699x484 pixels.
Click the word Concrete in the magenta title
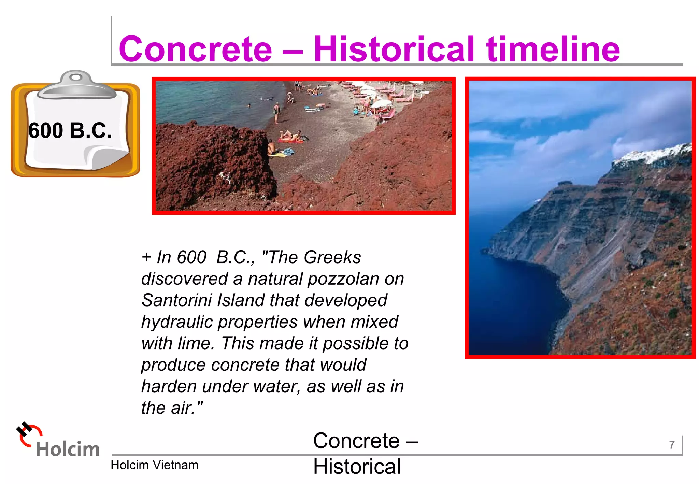coord(195,49)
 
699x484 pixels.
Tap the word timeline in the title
coord(553,49)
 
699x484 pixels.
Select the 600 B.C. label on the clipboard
coord(70,131)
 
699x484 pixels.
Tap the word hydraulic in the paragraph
coord(177,322)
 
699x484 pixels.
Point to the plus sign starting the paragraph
coord(146,257)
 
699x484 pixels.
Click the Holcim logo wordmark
coord(68,449)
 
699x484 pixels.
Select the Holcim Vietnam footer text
coord(154,465)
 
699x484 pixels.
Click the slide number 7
coord(672,445)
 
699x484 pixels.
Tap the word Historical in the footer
coord(357,467)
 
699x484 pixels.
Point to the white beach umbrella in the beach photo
coord(382,103)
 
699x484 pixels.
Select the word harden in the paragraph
coord(169,387)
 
